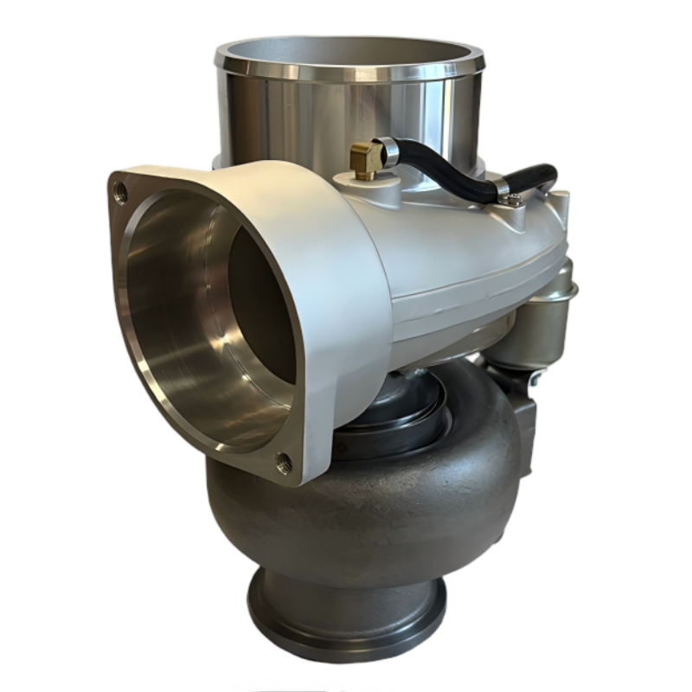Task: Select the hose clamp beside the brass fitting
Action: tap(388, 153)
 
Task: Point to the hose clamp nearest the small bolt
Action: tap(503, 188)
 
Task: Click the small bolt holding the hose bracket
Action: tap(514, 202)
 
